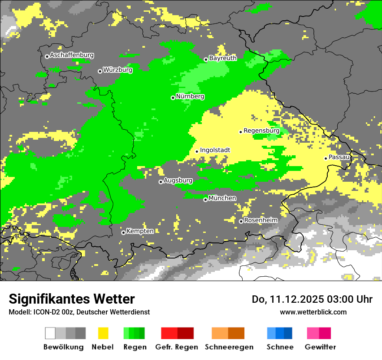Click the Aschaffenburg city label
coord(72,56)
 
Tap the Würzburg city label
coord(118,70)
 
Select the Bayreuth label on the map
coord(223,58)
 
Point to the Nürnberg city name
coord(190,97)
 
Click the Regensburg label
coord(261,131)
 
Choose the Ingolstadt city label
coord(215,151)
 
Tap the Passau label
coord(339,157)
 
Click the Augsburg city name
coord(178,180)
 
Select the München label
coord(222,198)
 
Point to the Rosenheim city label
coord(261,220)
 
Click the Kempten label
coord(140,231)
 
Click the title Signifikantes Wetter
coord(72,299)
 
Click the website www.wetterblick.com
coord(313,312)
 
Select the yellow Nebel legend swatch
coord(103,333)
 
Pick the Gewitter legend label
coord(320,347)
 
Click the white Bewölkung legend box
coord(50,333)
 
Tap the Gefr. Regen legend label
coord(177,347)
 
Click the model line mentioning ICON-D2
coord(79,312)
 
